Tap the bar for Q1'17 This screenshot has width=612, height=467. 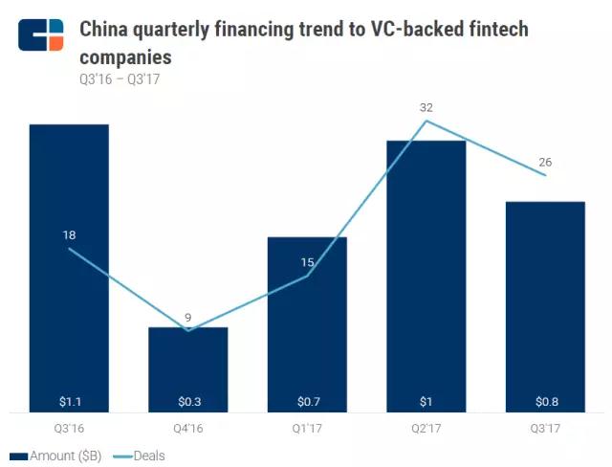tap(307, 324)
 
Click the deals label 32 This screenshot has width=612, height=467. tap(426, 108)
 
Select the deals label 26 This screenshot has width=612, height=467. tap(545, 162)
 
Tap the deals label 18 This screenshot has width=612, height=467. tap(69, 234)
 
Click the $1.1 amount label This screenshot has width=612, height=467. tap(69, 401)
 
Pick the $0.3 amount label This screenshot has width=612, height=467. tap(187, 401)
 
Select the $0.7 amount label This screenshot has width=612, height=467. tap(307, 401)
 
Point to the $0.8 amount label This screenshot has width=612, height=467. tap(544, 401)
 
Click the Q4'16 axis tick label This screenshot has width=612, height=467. tap(187, 428)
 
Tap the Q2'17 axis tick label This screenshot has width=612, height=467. tap(426, 428)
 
